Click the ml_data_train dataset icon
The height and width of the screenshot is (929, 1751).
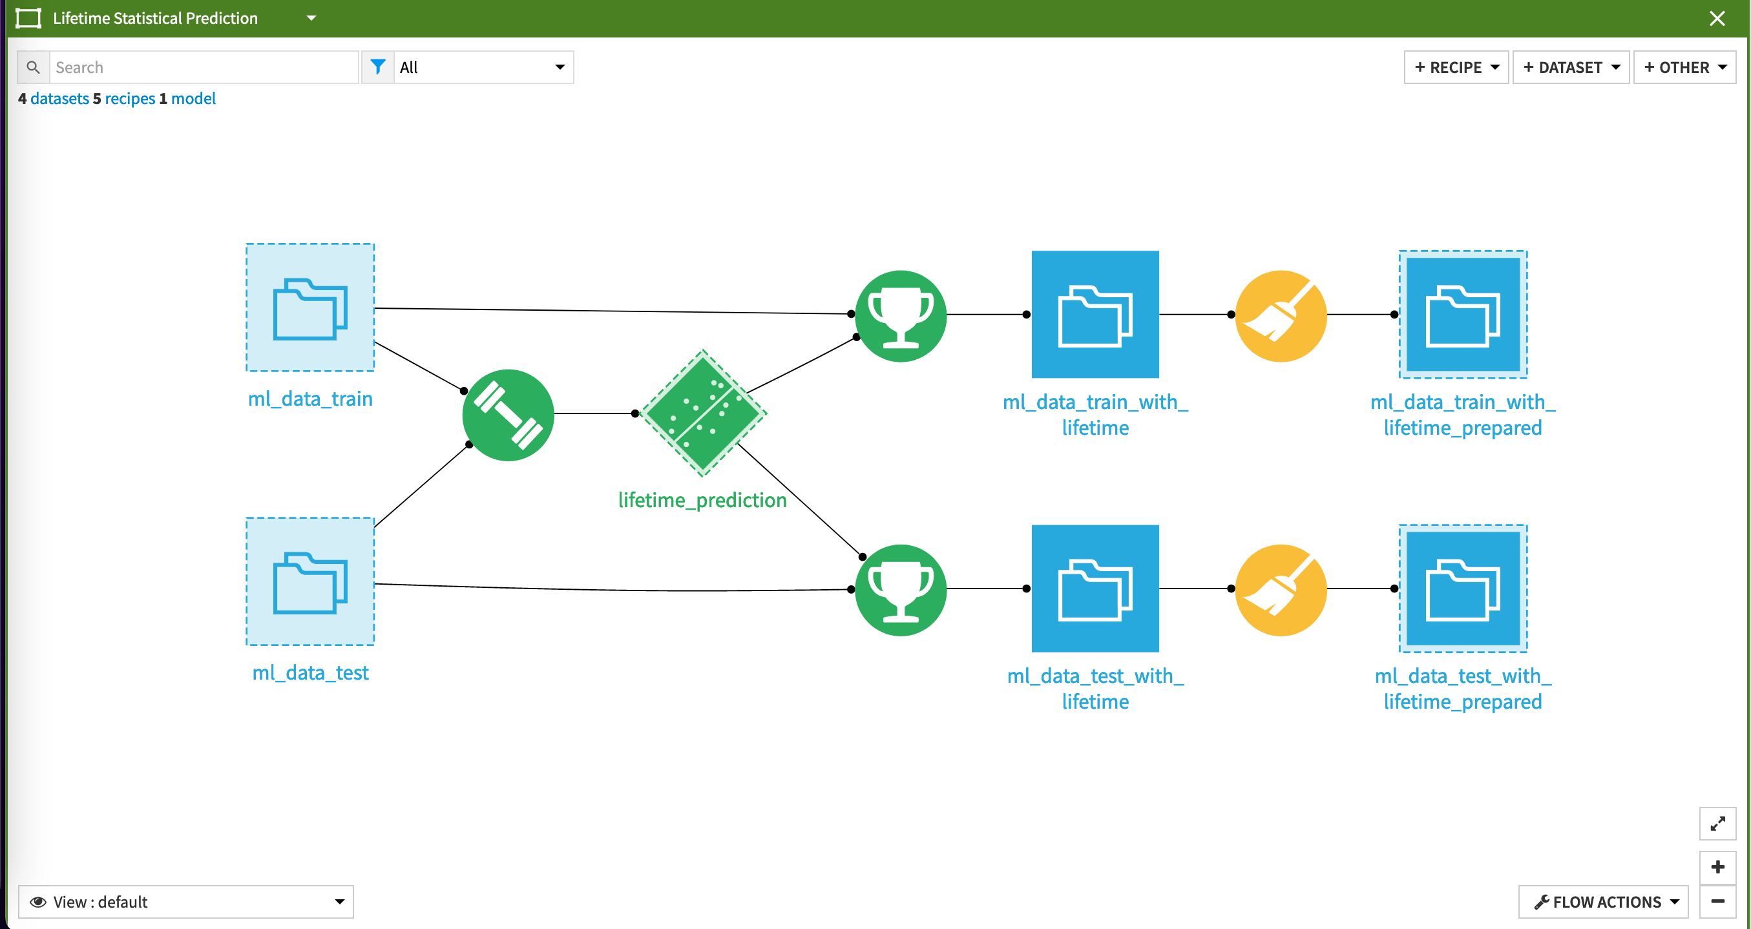(310, 308)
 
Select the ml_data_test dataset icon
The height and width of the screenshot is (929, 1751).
(310, 581)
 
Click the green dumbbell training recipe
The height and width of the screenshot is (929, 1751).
(508, 415)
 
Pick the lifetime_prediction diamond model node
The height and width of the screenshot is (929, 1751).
(703, 413)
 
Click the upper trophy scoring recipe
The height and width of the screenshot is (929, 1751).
(900, 316)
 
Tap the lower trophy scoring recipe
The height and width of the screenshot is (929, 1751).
(900, 590)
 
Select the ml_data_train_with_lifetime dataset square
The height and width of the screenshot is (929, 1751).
(1095, 315)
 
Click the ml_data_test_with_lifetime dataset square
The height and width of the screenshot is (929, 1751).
(1095, 589)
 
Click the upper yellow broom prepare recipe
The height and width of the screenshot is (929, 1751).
(1280, 316)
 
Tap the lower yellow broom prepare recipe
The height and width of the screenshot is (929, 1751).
(1280, 590)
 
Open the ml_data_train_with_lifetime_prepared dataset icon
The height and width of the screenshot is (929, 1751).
(1462, 315)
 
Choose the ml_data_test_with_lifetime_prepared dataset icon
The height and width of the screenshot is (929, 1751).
(1462, 589)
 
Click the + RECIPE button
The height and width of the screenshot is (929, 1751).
(1455, 67)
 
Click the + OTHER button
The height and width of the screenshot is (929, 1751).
(1684, 67)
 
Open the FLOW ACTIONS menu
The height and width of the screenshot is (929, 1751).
(1604, 902)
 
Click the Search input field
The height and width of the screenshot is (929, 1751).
(204, 67)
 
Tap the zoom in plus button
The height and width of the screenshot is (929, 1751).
(1717, 867)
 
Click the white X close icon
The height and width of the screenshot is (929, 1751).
(1717, 18)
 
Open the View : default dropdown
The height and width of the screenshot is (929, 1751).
(185, 902)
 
